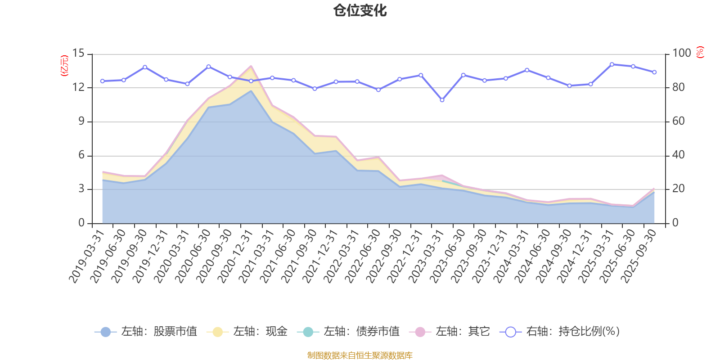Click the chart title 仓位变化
(x=360, y=10)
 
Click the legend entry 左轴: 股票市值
(x=146, y=332)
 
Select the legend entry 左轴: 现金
(x=247, y=332)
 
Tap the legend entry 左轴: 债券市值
(x=349, y=332)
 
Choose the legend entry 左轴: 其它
(x=450, y=332)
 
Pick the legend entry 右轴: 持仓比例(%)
(x=560, y=332)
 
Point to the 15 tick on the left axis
(x=78, y=54)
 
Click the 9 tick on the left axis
(x=81, y=121)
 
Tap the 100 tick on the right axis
(x=681, y=54)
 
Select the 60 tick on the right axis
(x=678, y=121)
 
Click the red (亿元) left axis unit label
(x=64, y=66)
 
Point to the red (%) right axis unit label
(x=700, y=52)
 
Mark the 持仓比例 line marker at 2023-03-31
(x=442, y=100)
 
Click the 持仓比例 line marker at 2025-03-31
(x=612, y=64)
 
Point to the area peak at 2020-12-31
(x=251, y=66)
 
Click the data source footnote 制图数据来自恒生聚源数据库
(x=360, y=355)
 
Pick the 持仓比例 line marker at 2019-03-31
(x=102, y=81)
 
